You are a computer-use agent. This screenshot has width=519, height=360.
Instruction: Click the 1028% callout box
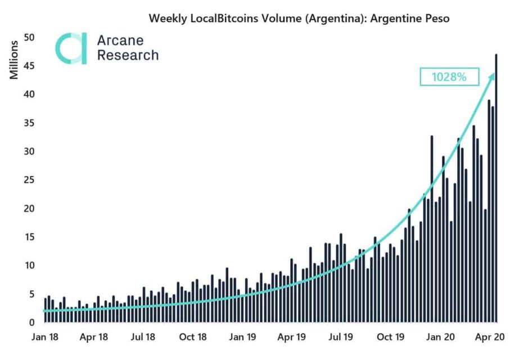click(x=449, y=76)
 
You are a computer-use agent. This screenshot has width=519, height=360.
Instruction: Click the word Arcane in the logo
click(x=120, y=41)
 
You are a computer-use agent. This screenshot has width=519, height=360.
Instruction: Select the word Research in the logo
click(x=128, y=55)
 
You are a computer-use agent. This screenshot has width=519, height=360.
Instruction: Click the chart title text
click(x=299, y=18)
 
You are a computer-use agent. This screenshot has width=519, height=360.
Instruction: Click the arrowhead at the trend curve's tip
click(x=493, y=76)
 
